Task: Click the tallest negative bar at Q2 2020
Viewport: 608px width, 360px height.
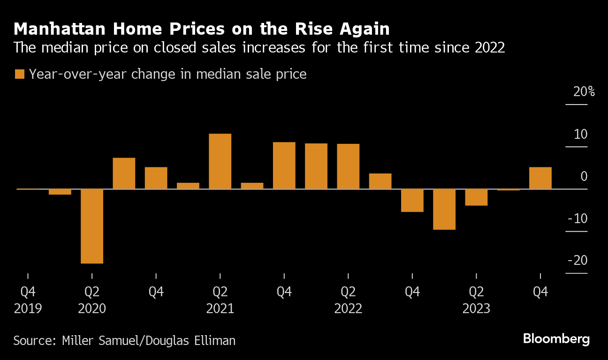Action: click(92, 226)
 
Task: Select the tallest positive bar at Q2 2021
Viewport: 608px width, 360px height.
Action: click(220, 161)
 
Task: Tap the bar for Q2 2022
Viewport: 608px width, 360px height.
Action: click(348, 166)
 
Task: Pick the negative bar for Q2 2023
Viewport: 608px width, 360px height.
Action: click(476, 197)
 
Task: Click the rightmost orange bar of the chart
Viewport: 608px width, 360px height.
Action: click(540, 178)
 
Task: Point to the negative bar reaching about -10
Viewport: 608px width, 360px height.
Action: click(444, 209)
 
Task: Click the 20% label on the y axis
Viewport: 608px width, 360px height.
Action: click(584, 92)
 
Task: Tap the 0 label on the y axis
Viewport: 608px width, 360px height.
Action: click(584, 177)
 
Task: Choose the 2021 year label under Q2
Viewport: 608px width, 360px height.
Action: click(220, 309)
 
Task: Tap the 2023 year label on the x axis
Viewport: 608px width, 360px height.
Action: click(476, 309)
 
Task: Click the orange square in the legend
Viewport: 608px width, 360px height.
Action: click(19, 74)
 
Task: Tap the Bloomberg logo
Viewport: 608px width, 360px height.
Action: click(556, 339)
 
